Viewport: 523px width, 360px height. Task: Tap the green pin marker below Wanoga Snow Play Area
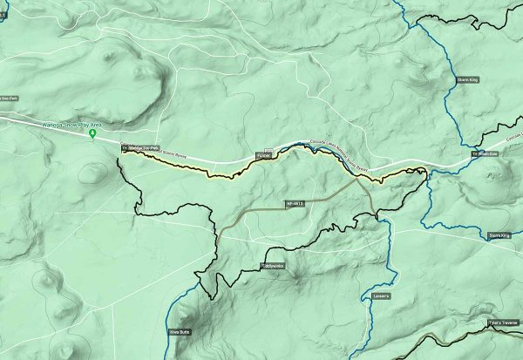(x=93, y=142)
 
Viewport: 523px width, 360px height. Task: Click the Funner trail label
(x=263, y=155)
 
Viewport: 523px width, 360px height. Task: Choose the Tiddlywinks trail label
(x=273, y=265)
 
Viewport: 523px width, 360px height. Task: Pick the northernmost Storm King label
(x=466, y=79)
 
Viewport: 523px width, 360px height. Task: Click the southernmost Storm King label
(x=499, y=235)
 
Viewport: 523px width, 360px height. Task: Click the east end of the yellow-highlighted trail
(x=424, y=171)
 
